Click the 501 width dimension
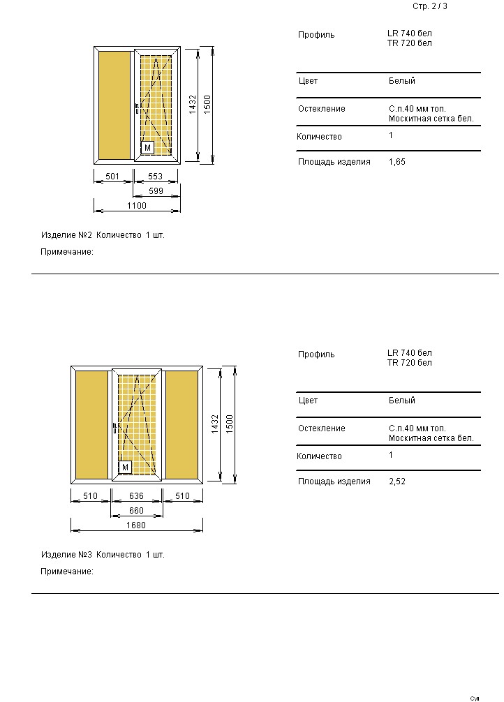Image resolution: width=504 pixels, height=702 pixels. point(112,177)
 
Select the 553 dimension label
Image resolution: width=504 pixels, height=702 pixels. point(155,177)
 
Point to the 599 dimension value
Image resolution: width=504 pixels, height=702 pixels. point(155,191)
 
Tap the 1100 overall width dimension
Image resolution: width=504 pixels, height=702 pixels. point(137,206)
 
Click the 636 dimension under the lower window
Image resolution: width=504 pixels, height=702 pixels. point(137,497)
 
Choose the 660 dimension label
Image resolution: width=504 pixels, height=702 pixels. point(137,511)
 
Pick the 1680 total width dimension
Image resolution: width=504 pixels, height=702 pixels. point(137,525)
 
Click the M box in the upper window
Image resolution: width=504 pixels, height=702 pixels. point(147,148)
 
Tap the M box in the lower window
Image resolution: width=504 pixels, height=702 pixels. point(125,468)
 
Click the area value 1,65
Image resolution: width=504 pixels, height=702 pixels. point(396,162)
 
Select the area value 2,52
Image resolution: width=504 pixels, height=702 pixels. point(396,481)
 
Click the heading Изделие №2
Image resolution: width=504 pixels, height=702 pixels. point(67,235)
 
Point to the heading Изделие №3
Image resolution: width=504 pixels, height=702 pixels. point(67,555)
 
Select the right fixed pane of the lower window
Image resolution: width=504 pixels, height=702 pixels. point(182,424)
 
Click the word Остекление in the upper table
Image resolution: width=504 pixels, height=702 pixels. point(321,109)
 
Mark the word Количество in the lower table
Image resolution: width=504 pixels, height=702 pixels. point(319,456)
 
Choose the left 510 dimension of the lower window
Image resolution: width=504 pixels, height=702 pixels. point(91,497)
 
